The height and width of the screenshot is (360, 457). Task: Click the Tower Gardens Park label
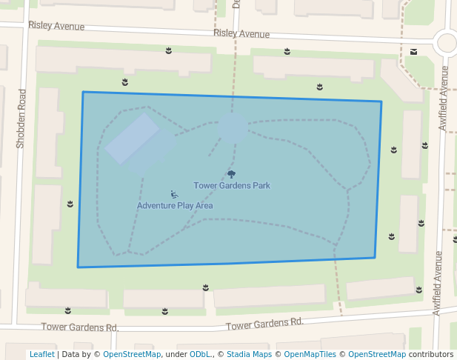(232, 185)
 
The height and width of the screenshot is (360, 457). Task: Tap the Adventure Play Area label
(175, 205)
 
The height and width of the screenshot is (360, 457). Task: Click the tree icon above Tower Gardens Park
(232, 174)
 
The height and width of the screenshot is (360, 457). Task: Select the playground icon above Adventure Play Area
(173, 195)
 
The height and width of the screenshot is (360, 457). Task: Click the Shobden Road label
(21, 119)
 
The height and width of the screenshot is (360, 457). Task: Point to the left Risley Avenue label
(56, 26)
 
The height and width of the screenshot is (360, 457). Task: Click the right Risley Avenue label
(241, 34)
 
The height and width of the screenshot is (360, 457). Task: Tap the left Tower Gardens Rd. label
(80, 327)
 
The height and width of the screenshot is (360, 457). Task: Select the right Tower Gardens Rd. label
(264, 324)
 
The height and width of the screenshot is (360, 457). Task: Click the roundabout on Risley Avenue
(447, 43)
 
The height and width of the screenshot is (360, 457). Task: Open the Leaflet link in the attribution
(42, 354)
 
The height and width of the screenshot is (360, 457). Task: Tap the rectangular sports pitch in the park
(132, 138)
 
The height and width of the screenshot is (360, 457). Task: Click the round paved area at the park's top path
(233, 127)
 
